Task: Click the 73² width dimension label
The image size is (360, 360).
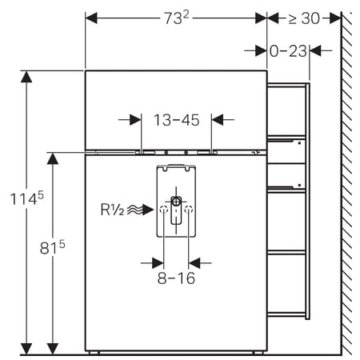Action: click(x=176, y=18)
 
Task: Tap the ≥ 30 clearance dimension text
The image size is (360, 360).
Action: click(x=304, y=18)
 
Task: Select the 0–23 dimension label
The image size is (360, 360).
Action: click(x=288, y=51)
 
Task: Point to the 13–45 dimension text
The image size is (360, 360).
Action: click(x=177, y=120)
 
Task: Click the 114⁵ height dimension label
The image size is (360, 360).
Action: click(x=26, y=198)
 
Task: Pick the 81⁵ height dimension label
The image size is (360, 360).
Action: click(x=53, y=247)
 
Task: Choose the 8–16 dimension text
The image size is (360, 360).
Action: click(x=176, y=278)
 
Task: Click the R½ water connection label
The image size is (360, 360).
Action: click(x=112, y=210)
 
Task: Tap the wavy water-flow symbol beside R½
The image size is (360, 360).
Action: click(x=135, y=210)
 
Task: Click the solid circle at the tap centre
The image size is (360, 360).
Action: click(x=176, y=201)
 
